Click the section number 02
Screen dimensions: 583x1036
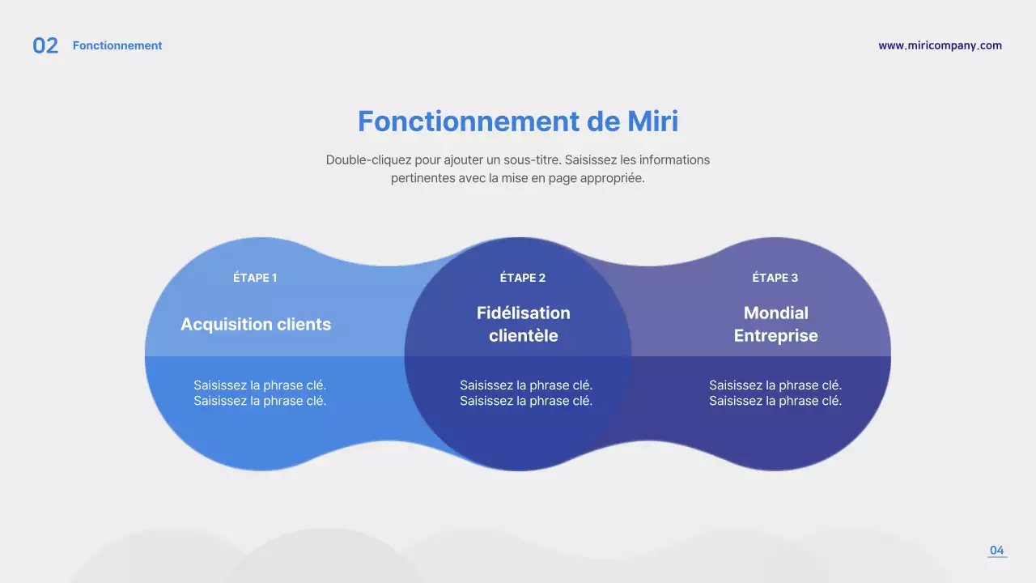45,46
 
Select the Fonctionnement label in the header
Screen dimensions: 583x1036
117,46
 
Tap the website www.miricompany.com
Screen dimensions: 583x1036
940,46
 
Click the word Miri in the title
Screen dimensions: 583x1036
652,121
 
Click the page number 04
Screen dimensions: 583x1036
996,551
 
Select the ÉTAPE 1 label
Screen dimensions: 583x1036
255,278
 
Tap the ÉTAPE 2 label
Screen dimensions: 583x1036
523,278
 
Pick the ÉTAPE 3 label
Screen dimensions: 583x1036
775,278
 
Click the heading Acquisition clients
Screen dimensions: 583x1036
256,325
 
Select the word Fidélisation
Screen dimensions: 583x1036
523,313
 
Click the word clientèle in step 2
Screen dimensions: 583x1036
523,336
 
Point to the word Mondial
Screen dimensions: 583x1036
775,313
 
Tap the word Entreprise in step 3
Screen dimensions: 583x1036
775,336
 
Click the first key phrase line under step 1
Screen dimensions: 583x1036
260,385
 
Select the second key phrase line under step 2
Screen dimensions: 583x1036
526,401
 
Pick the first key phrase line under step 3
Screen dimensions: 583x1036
775,385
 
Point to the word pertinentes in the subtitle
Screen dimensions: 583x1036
422,179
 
